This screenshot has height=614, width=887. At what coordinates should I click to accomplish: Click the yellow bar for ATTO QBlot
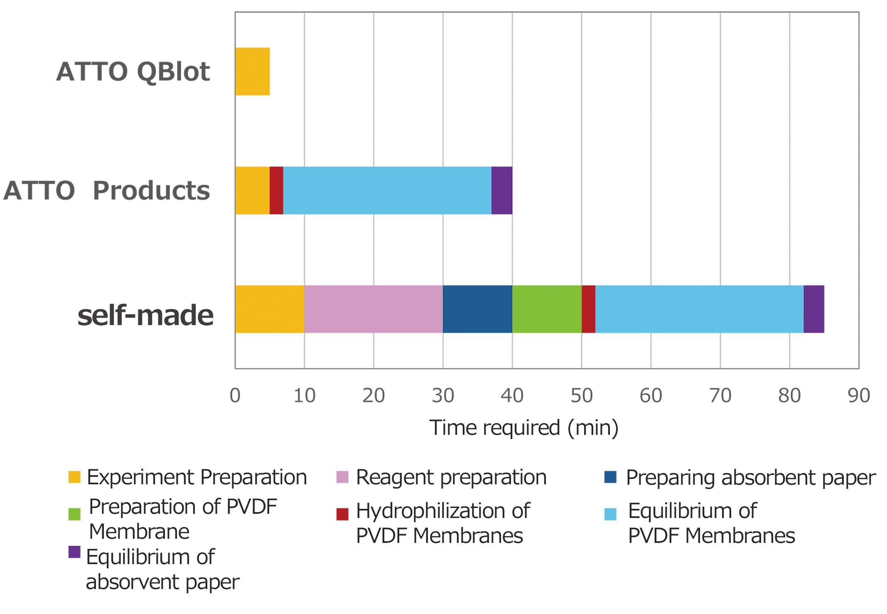pyautogui.click(x=253, y=72)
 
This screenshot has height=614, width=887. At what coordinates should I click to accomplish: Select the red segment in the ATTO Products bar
pyautogui.click(x=276, y=190)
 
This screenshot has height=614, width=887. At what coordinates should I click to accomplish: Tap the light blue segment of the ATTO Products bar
pyautogui.click(x=387, y=190)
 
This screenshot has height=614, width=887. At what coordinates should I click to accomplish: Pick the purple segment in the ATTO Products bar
pyautogui.click(x=502, y=190)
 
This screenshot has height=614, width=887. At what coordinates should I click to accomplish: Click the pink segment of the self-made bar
pyautogui.click(x=373, y=309)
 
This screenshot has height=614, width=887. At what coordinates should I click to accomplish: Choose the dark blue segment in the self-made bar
pyautogui.click(x=477, y=309)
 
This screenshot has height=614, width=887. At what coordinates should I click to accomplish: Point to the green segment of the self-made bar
pyautogui.click(x=547, y=309)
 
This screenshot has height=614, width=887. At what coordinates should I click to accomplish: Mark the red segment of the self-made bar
pyautogui.click(x=588, y=309)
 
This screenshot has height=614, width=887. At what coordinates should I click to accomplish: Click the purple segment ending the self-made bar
pyautogui.click(x=814, y=309)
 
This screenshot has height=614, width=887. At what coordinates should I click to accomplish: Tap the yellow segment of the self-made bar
pyautogui.click(x=270, y=309)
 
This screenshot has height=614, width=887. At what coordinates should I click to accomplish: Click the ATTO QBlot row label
pyautogui.click(x=133, y=72)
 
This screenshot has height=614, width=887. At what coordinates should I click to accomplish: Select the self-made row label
pyautogui.click(x=145, y=315)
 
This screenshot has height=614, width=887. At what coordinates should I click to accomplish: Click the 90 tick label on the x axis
pyautogui.click(x=859, y=395)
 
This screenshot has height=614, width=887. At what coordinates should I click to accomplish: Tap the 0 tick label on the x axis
pyautogui.click(x=235, y=395)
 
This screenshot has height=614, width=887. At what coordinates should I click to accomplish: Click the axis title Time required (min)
pyautogui.click(x=524, y=428)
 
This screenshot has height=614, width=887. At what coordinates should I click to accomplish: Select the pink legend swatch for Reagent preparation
pyautogui.click(x=342, y=477)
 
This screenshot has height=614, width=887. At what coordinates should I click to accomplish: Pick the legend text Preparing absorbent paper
pyautogui.click(x=751, y=478)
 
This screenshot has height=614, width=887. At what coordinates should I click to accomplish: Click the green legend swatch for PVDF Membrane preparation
pyautogui.click(x=74, y=514)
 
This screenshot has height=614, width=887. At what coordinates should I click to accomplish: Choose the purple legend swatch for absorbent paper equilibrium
pyautogui.click(x=74, y=552)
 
